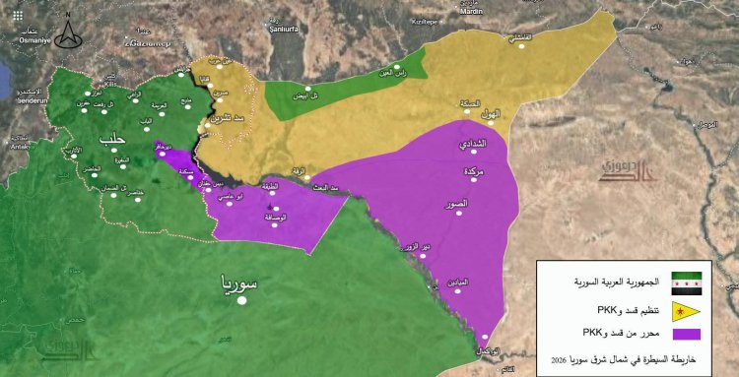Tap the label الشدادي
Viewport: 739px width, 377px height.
coord(472,146)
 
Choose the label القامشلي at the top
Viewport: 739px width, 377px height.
coord(517,38)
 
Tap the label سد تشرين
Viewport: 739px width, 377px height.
coord(214,117)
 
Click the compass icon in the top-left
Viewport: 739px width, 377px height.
coord(67,33)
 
